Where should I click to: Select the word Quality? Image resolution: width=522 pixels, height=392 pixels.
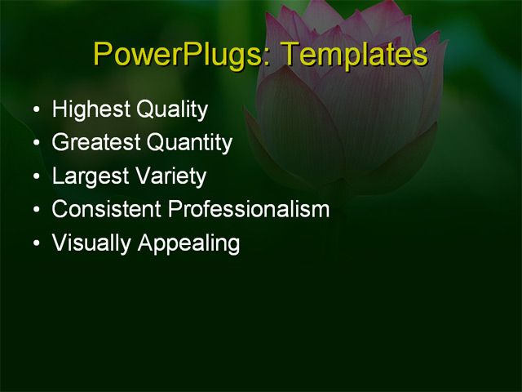pos(172,110)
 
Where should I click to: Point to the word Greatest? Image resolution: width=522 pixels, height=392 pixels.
pos(95,144)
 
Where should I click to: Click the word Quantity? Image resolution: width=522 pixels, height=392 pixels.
pos(189,144)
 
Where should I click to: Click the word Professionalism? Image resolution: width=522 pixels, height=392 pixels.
pos(249,210)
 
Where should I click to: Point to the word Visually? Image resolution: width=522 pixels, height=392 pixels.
pos(87,243)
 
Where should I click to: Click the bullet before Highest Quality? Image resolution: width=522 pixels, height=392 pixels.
pos(35,110)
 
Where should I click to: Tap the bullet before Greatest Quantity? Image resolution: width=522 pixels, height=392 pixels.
pos(35,144)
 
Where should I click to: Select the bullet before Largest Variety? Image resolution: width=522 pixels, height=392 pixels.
pos(35,177)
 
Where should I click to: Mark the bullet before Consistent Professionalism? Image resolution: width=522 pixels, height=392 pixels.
pos(35,210)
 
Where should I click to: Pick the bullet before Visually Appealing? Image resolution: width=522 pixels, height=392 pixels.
pos(35,243)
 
